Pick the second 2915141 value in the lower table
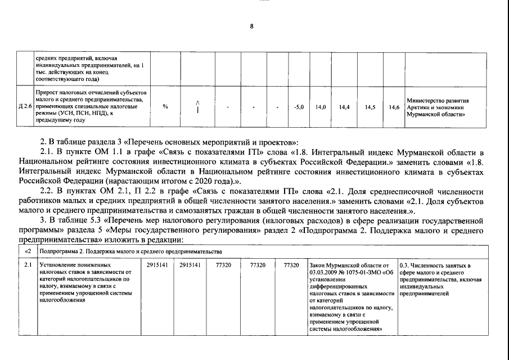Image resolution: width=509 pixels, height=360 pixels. coord(190,264)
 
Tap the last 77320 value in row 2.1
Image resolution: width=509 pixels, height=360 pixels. coord(291,264)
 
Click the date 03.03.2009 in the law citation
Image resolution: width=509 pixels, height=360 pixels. coord(324,272)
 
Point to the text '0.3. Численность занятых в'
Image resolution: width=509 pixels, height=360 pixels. coord(434,264)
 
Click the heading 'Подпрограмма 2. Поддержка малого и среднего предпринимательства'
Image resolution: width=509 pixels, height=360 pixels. coord(131,250)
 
